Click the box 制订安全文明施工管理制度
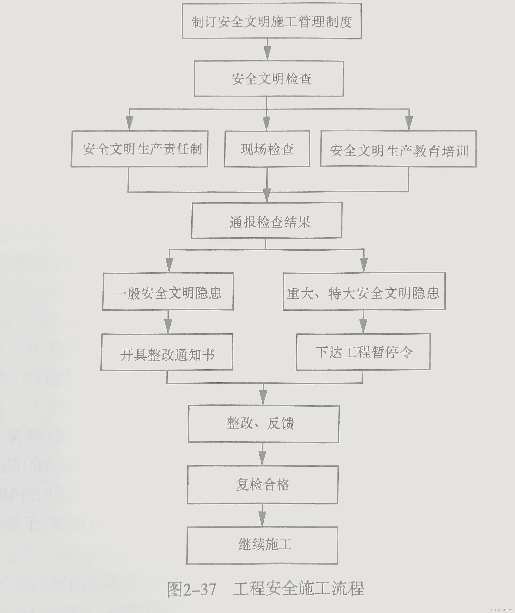272,21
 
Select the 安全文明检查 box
269,79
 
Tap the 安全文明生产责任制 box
139,149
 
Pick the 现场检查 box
267,149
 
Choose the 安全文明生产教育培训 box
398,149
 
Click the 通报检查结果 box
267,220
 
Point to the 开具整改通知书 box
167,352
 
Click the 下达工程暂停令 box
363,352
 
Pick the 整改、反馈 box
263,424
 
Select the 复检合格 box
262,485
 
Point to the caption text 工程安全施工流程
298,588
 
